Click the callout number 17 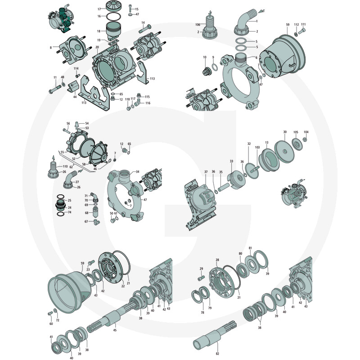(x=99, y=9)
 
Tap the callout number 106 (x=198, y=25)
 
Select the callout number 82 (x=217, y=354)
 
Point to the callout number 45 (x=115, y=330)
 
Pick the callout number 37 (x=206, y=172)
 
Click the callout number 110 (x=65, y=166)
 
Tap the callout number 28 (x=217, y=260)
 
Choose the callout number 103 (x=257, y=147)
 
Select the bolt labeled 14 (x=144, y=29)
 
